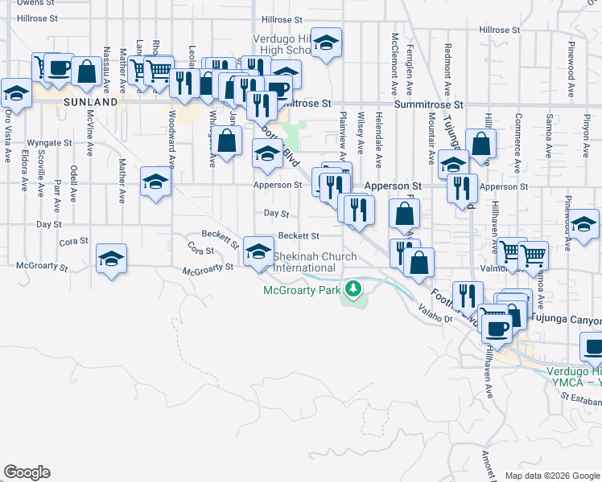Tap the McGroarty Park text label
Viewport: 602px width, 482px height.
(x=301, y=291)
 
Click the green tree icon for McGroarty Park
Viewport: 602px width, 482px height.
(x=352, y=288)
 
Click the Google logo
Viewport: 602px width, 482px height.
(x=27, y=472)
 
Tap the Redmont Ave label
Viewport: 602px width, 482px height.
(x=447, y=65)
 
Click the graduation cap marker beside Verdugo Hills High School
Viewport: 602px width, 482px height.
(x=327, y=43)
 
